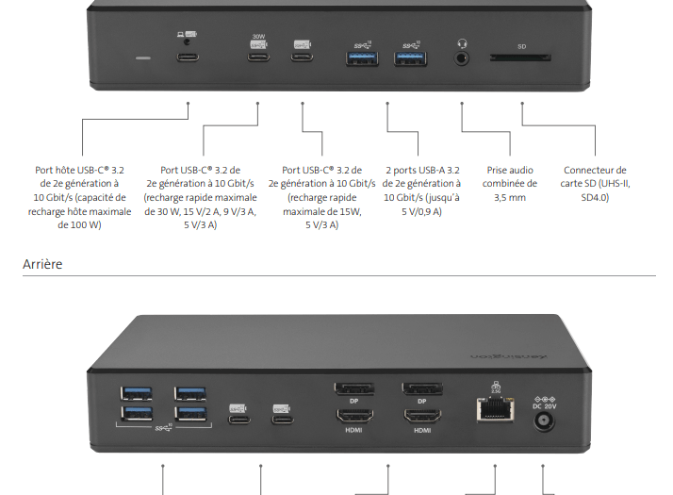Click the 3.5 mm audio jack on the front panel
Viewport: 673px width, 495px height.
point(462,58)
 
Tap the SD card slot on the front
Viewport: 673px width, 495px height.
point(520,58)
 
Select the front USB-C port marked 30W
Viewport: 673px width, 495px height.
point(258,58)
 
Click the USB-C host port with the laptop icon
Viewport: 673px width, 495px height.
point(188,58)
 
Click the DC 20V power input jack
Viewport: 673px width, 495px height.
point(544,419)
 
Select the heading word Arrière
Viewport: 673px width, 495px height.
point(42,265)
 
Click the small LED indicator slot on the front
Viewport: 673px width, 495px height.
point(143,58)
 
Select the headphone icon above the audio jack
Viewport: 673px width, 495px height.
point(462,42)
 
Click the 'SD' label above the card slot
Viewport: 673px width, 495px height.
point(521,45)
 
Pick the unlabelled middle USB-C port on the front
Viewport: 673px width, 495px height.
point(302,58)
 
